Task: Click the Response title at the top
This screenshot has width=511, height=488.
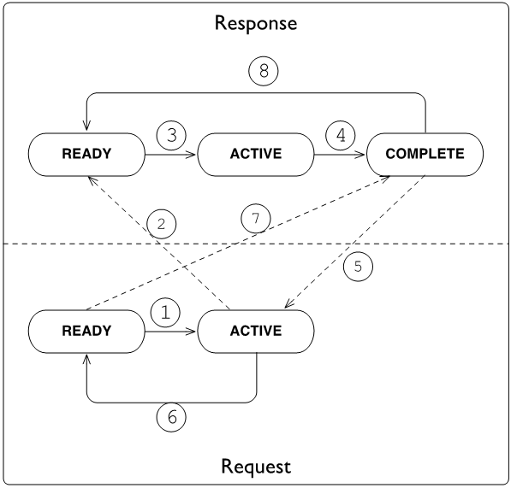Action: pos(255,23)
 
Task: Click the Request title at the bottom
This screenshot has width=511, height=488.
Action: pos(255,466)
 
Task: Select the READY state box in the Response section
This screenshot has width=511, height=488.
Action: pos(86,155)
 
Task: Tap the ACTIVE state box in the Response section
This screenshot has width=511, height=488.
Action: pos(255,155)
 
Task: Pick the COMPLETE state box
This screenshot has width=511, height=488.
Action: pos(425,155)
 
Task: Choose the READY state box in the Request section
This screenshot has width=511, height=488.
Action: pos(86,332)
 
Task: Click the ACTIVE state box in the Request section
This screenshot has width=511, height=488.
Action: pos(255,332)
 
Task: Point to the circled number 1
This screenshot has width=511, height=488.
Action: pos(166,313)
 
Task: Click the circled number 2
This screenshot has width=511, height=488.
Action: pos(162,224)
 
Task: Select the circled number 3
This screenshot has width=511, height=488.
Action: pos(171,135)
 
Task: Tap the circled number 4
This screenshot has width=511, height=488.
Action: pos(340,135)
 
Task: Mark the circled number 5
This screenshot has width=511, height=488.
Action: pos(358,266)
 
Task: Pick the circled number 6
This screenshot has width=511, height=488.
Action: pos(172,418)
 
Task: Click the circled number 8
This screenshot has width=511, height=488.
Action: pos(264,72)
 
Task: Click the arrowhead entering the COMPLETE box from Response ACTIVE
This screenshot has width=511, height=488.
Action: pos(362,155)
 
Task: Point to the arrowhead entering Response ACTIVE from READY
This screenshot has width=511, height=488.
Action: pos(193,155)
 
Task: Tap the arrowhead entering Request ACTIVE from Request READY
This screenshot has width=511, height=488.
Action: pos(193,332)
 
